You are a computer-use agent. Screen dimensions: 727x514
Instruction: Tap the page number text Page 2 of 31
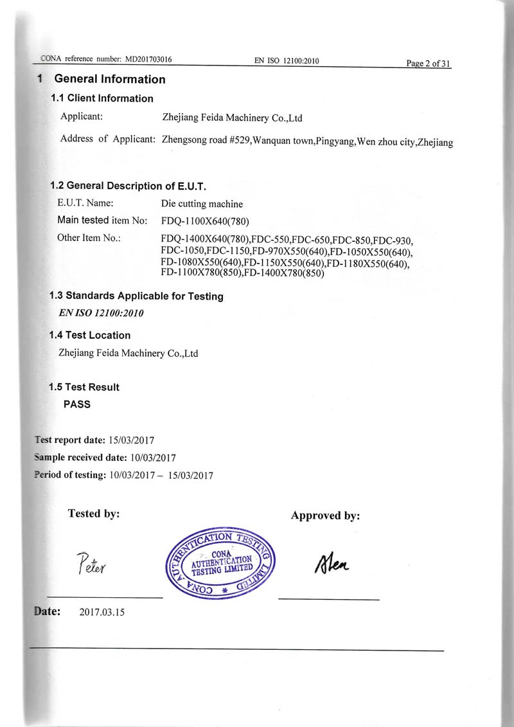(x=429, y=63)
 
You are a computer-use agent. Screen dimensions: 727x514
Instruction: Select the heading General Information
(x=110, y=79)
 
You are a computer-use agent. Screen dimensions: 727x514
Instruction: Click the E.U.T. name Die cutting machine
(x=202, y=204)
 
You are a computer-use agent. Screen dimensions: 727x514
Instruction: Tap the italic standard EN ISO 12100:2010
(x=101, y=314)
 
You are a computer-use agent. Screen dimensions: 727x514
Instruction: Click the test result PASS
(x=77, y=405)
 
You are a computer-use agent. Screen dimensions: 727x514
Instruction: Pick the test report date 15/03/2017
(x=132, y=440)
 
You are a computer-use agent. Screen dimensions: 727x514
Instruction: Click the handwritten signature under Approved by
(x=332, y=564)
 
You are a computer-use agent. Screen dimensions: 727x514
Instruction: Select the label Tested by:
(x=94, y=514)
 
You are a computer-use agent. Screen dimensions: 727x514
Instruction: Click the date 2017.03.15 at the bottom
(x=102, y=612)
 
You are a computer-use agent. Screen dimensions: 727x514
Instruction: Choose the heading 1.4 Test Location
(x=90, y=336)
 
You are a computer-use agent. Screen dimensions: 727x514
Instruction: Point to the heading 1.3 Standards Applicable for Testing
(x=136, y=296)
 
